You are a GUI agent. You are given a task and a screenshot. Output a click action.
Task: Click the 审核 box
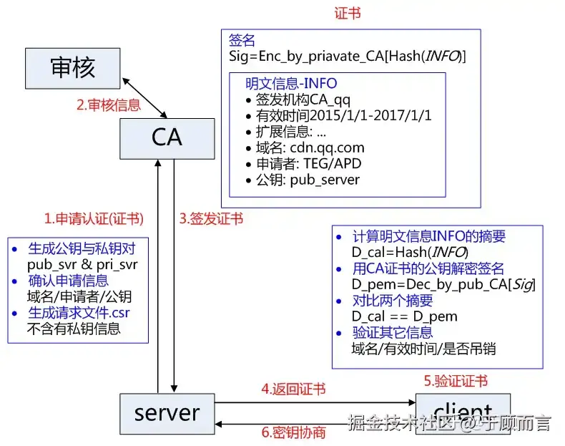point(72,69)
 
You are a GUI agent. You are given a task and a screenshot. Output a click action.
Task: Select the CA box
point(167,139)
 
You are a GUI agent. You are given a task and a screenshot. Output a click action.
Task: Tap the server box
point(167,414)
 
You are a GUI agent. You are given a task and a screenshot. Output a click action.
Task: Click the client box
point(463,414)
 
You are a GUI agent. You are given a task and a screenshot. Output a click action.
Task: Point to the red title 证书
point(348,14)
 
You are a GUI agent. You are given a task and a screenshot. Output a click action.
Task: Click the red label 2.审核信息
point(109,105)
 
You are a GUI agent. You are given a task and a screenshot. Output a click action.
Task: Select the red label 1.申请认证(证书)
point(94,218)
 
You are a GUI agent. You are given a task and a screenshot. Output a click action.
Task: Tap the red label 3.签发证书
point(211,218)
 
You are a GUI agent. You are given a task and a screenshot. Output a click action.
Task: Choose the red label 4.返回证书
point(293,389)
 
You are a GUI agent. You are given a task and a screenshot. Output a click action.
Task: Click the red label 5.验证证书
point(456,381)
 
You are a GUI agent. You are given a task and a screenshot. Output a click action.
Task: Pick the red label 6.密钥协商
point(293,432)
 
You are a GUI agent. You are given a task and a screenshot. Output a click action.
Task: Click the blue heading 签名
point(242,40)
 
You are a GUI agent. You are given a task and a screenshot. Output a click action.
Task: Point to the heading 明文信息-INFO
point(291,84)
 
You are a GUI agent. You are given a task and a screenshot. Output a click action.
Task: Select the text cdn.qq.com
point(327,147)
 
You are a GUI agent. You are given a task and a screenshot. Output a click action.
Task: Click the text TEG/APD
point(333,164)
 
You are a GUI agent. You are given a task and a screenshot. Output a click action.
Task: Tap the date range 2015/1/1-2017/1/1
point(370,116)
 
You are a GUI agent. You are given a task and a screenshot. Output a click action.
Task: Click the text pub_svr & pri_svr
point(82,265)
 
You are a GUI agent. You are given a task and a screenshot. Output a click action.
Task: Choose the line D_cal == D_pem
point(405,316)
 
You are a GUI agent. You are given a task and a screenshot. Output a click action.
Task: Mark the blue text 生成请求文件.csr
point(79,313)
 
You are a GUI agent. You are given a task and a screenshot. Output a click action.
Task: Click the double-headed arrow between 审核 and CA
point(145,97)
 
